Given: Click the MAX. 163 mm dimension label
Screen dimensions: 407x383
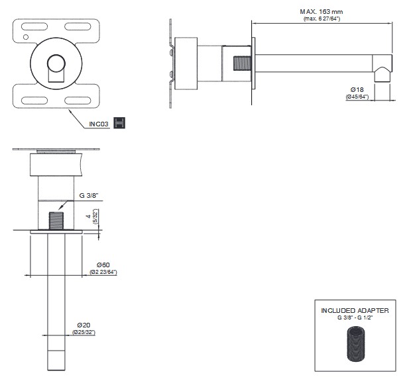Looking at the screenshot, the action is (321, 12).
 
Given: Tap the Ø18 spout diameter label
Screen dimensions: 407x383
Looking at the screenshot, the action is (357, 89).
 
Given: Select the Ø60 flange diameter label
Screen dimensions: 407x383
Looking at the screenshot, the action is (103, 265).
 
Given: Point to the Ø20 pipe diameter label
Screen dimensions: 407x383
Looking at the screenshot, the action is (84, 325).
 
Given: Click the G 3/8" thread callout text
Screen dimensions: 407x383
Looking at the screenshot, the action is (89, 196).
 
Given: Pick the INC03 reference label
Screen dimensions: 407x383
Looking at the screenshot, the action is (99, 124).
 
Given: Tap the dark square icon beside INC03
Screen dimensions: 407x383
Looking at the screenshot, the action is (119, 123).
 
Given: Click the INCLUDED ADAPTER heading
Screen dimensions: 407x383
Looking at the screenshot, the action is (355, 310).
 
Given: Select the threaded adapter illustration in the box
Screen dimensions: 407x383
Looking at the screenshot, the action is (355, 344).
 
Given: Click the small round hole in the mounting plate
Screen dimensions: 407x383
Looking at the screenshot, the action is (26, 37).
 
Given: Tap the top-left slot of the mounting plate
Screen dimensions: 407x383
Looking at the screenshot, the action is (34, 26).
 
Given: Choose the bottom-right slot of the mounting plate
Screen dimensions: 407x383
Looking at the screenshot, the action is (78, 101).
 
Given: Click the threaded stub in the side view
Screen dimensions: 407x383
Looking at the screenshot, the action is (243, 64).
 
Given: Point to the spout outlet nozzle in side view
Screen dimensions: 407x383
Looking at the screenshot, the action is (382, 74).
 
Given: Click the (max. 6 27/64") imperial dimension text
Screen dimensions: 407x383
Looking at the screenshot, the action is (321, 19).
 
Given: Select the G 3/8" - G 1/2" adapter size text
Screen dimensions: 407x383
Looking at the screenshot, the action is (355, 318).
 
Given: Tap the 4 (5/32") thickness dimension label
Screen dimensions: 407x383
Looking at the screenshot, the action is (92, 216).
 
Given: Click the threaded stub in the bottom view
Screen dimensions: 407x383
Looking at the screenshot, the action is (56, 221).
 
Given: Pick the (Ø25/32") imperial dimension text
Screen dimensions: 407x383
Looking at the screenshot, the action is (84, 332).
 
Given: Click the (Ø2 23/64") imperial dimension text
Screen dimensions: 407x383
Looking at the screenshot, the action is (103, 272).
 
